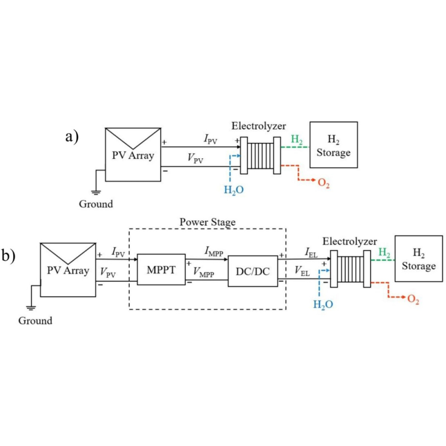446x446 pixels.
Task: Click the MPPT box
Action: click(161, 269)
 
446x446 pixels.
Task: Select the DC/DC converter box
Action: click(252, 271)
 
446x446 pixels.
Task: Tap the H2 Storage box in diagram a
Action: click(334, 145)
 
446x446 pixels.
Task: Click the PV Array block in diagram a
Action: click(133, 154)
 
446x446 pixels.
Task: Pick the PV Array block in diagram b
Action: click(68, 269)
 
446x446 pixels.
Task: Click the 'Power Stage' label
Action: click(207, 222)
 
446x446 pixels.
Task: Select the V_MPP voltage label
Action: click(204, 273)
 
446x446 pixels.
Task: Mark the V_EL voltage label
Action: click(302, 272)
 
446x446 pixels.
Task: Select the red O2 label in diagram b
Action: click(413, 300)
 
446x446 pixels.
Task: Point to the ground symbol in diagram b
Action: click(31, 307)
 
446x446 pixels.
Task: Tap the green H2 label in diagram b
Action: click(385, 252)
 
